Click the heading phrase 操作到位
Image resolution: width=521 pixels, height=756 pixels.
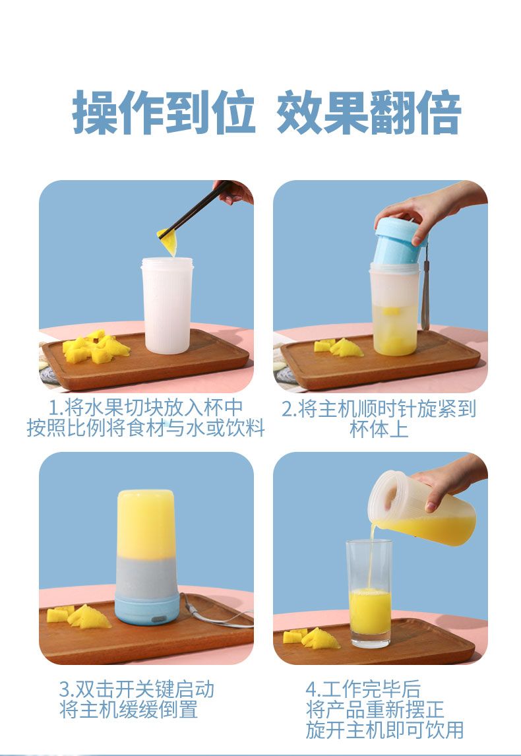[x=164, y=112]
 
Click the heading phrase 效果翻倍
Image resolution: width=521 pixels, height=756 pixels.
[x=369, y=112]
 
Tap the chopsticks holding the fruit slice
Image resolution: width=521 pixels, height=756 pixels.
[x=195, y=210]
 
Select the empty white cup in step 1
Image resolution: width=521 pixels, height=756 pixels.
[x=168, y=305]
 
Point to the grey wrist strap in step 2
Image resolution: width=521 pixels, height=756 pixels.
[x=425, y=290]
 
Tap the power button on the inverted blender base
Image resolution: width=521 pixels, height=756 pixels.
[x=158, y=619]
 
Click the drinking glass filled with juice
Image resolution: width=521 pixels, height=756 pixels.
[x=369, y=594]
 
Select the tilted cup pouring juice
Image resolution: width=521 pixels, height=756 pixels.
[x=422, y=509]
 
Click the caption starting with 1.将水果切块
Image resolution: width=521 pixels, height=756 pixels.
[x=146, y=418]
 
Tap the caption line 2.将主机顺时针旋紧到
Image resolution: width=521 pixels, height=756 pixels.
[x=379, y=409]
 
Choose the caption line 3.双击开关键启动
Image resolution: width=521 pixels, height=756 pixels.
[x=137, y=689]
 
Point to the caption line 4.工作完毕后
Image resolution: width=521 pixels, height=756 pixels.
[x=363, y=689]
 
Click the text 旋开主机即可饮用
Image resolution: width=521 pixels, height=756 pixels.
[x=384, y=730]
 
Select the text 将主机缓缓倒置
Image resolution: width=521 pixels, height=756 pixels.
[x=129, y=710]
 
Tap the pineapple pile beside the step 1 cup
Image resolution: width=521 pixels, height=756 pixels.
[x=96, y=347]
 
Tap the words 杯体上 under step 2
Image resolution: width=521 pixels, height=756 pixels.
[x=379, y=429]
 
